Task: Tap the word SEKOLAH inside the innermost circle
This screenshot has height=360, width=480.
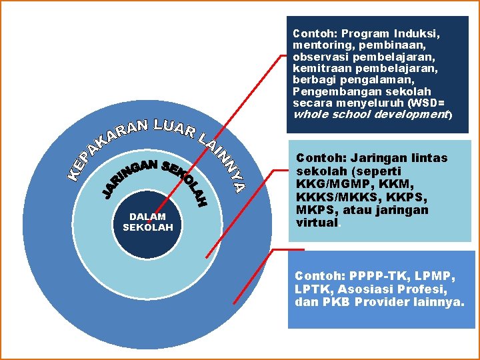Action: pyautogui.click(x=148, y=228)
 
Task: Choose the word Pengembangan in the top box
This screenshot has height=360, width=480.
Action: pyautogui.click(x=327, y=91)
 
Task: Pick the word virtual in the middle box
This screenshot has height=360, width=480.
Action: pyautogui.click(x=317, y=223)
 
